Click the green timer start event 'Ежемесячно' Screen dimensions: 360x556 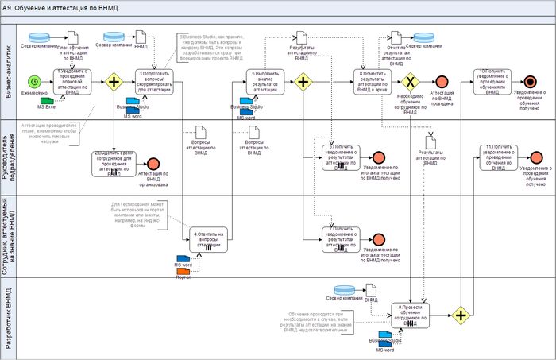[x=34, y=82]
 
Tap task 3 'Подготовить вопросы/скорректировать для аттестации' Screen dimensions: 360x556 [x=154, y=82]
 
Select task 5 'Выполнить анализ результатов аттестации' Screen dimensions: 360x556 [x=264, y=82]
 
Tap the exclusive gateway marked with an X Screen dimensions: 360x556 [x=410, y=82]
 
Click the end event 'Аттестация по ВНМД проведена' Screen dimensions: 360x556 [x=441, y=82]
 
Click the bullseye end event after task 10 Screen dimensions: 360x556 [x=530, y=82]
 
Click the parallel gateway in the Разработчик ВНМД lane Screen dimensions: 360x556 [x=460, y=315]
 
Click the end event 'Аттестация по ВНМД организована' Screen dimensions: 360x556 [x=153, y=165]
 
